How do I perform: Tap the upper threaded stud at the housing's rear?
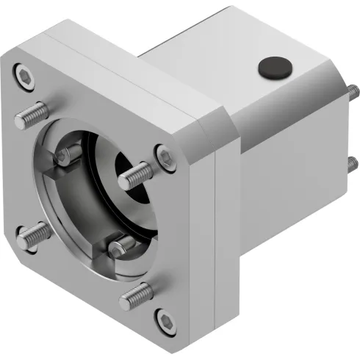353,93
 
